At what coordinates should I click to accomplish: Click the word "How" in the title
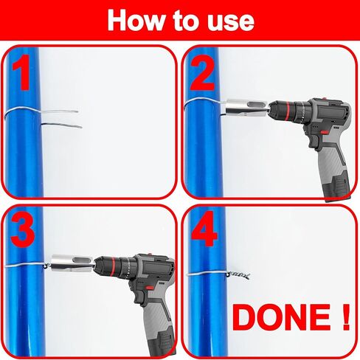coord(135,20)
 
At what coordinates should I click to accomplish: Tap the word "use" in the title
coord(230,23)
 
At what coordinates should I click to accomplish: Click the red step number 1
coord(21,72)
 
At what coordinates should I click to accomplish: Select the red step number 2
coord(203,72)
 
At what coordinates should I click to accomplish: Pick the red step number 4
coord(204,229)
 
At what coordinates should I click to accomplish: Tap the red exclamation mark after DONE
coord(346,317)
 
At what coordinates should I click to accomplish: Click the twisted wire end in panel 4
coord(238,276)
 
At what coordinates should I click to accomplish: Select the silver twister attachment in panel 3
coord(72,264)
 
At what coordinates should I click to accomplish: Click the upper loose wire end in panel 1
coord(60,111)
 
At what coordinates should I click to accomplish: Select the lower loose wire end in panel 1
coord(61,125)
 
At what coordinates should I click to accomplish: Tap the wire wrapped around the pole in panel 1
coord(22,111)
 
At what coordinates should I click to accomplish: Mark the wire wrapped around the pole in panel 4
coord(207,274)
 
